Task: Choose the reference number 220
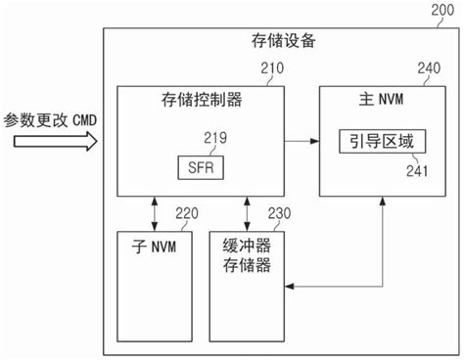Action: pyautogui.click(x=184, y=213)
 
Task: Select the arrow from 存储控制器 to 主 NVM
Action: pyautogui.click(x=301, y=142)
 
